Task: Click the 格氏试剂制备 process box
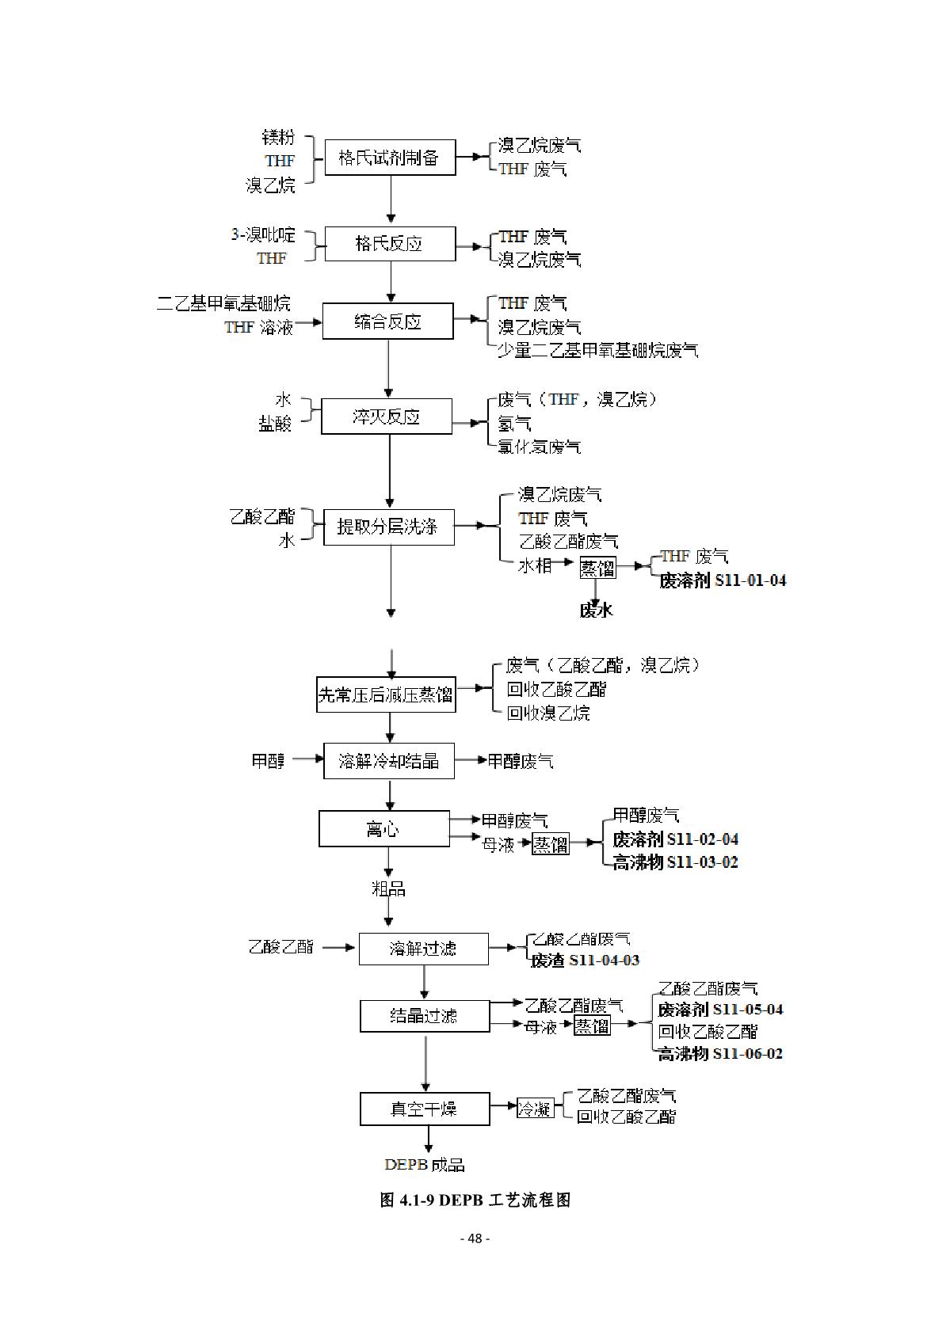click(390, 158)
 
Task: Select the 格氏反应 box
click(390, 244)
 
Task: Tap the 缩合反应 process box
click(388, 321)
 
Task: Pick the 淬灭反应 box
click(387, 417)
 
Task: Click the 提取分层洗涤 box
click(389, 527)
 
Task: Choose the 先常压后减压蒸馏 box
click(386, 694)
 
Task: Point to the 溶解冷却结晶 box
click(389, 761)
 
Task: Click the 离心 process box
click(384, 829)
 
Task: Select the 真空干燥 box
click(425, 1109)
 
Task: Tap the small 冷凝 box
click(535, 1109)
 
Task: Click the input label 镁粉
click(278, 137)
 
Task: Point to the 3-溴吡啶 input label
click(263, 234)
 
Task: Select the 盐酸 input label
click(275, 424)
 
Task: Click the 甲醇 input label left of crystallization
click(268, 761)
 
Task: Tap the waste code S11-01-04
click(750, 580)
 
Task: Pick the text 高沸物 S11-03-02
click(675, 862)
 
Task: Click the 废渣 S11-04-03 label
click(585, 961)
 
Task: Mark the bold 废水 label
click(596, 610)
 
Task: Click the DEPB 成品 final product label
click(425, 1165)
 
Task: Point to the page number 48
click(475, 1238)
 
